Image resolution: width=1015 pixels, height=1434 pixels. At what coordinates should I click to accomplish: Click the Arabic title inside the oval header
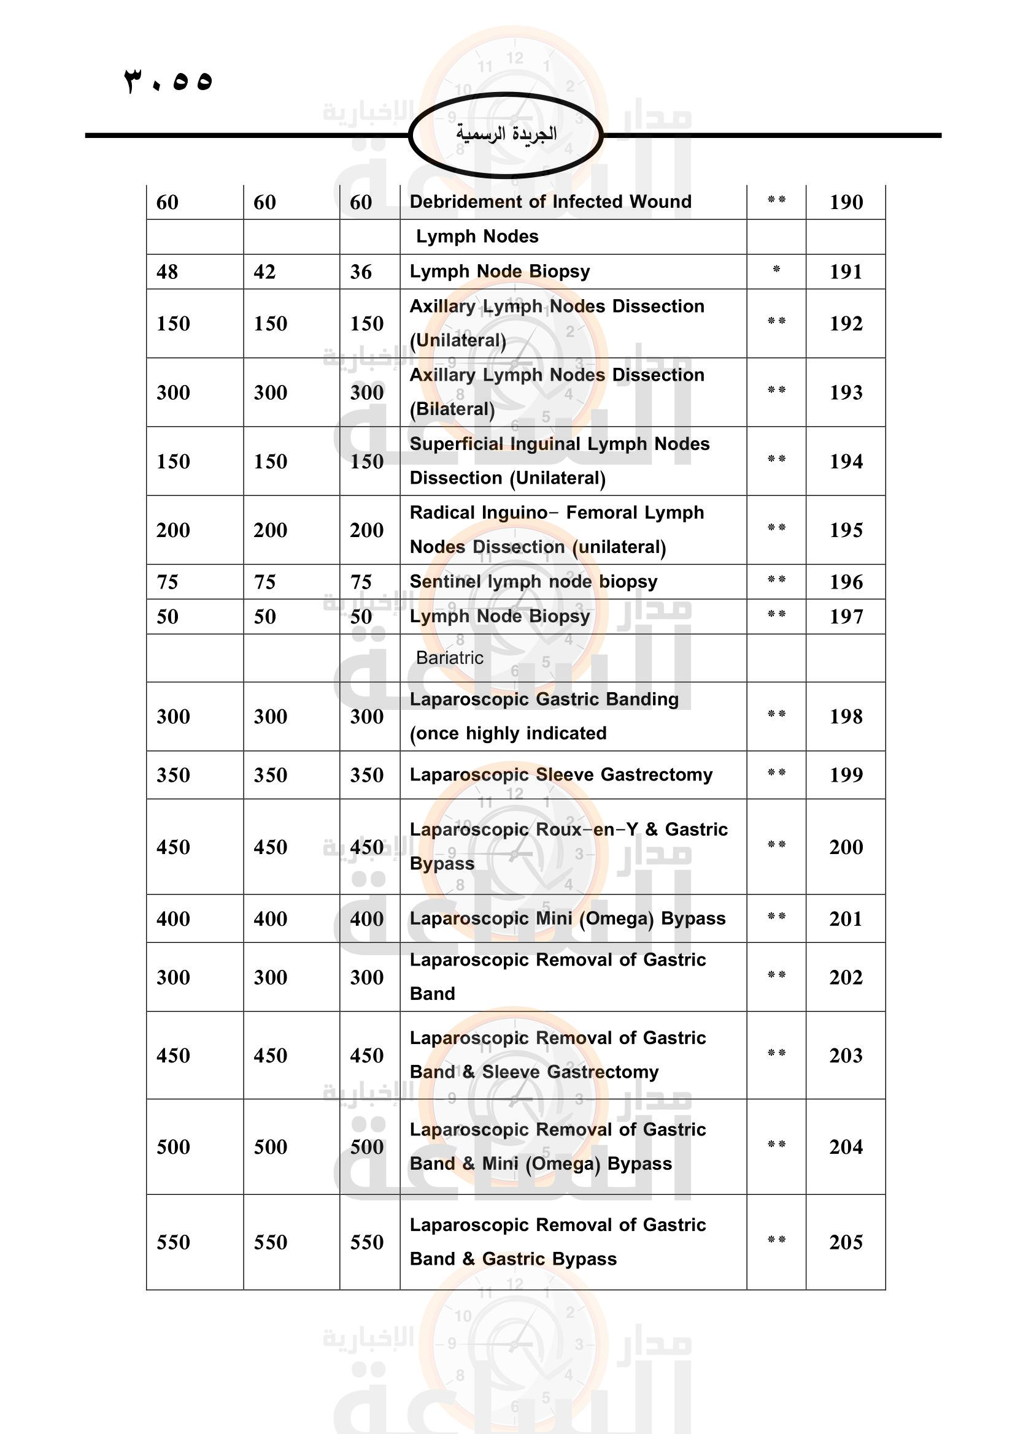[x=506, y=134]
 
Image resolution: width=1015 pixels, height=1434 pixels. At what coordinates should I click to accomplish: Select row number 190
[x=846, y=202]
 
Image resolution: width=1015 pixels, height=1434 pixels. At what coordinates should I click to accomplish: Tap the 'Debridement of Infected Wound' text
[x=550, y=202]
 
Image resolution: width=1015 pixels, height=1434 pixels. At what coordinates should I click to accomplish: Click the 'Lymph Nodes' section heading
[x=477, y=237]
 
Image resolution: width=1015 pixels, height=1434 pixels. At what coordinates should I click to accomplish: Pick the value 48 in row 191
[x=168, y=272]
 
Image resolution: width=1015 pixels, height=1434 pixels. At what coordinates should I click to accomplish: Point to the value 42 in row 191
[x=264, y=272]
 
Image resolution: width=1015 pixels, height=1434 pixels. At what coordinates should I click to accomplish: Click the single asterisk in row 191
[x=776, y=270]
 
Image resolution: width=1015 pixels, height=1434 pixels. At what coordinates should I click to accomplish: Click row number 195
[x=846, y=530]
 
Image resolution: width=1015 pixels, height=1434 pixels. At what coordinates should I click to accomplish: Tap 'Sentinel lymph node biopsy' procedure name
[x=533, y=581]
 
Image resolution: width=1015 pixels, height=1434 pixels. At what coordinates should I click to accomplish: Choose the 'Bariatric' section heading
[x=449, y=658]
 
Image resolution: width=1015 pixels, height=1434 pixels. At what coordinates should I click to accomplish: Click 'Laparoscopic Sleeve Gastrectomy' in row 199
[x=561, y=774]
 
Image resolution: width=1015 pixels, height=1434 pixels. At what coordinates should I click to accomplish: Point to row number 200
[x=846, y=847]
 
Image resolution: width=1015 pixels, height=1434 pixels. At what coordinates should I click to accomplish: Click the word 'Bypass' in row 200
[x=442, y=864]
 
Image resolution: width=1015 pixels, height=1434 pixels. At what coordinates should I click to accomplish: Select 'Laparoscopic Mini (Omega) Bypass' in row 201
[x=568, y=919]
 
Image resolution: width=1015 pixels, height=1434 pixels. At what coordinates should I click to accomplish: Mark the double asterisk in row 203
[x=776, y=1054]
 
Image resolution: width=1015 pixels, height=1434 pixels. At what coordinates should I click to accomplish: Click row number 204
[x=846, y=1146]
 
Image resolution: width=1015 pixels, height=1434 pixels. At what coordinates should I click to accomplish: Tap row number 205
[x=846, y=1242]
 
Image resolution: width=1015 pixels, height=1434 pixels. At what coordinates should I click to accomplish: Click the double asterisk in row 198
[x=776, y=714]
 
